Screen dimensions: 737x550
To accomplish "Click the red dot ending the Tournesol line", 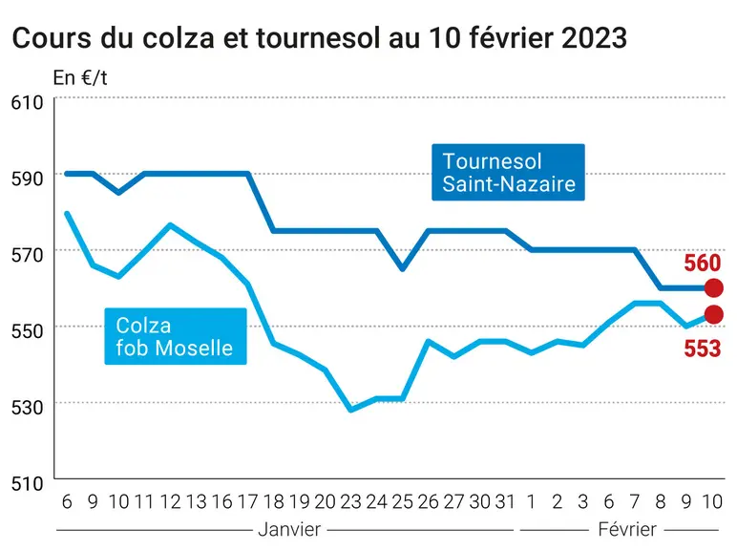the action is point(713,287).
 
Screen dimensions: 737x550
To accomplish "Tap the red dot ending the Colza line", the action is point(713,314).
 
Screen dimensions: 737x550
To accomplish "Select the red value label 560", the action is point(703,263).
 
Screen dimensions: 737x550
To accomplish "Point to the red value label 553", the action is point(703,349).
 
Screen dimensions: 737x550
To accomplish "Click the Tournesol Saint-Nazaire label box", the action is point(508,172).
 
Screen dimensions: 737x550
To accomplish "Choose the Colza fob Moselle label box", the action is point(176,336).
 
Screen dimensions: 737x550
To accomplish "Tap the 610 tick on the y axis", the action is point(27,102).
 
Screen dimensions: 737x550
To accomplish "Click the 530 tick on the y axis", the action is point(27,407).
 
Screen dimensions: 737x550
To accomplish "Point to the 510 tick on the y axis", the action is point(27,483).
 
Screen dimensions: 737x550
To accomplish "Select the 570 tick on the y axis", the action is point(27,255).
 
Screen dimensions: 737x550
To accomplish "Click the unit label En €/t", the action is point(80,78).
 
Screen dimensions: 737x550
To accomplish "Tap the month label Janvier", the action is point(289,529).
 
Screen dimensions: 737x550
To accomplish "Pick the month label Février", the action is point(627,529).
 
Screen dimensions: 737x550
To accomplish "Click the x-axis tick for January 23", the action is point(350,502).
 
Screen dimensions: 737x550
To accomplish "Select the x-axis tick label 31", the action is point(505,502).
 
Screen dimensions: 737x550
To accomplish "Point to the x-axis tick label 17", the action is point(247,502).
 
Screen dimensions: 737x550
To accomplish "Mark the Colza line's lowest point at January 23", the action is point(350,411).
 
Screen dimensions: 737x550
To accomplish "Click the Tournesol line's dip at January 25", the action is point(402,269).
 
